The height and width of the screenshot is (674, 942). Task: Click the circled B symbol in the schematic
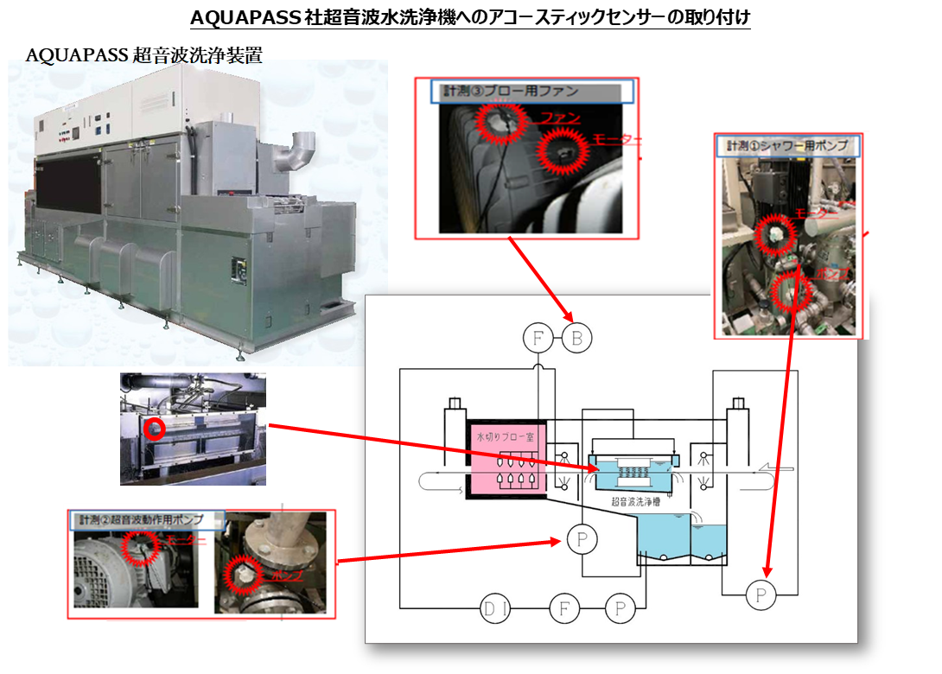click(577, 339)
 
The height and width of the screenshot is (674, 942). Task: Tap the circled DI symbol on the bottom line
click(496, 610)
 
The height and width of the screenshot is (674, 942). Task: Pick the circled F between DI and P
click(564, 610)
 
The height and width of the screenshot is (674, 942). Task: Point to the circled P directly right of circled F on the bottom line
click(620, 610)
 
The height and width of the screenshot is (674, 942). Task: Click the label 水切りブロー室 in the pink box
click(506, 436)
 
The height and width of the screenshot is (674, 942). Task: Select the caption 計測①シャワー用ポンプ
click(787, 145)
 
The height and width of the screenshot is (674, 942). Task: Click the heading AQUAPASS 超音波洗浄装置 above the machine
click(144, 55)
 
